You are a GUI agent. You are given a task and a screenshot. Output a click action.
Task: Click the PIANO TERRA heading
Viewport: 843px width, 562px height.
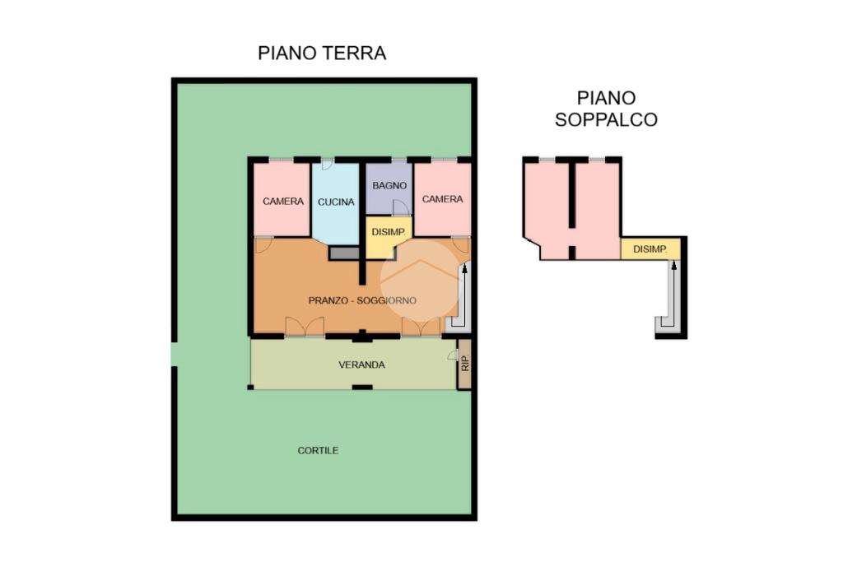pyautogui.click(x=322, y=53)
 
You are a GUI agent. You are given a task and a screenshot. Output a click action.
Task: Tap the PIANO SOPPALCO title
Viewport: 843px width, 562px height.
pyautogui.click(x=606, y=109)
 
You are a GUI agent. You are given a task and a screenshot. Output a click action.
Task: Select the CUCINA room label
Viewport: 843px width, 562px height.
pyautogui.click(x=336, y=202)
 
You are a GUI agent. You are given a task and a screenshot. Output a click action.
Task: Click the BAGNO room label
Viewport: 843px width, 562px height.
pyautogui.click(x=389, y=185)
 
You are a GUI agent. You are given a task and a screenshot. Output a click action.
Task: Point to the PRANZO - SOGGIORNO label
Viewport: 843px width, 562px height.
pyautogui.click(x=362, y=300)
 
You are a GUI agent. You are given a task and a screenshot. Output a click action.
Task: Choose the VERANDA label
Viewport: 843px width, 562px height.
pyautogui.click(x=362, y=365)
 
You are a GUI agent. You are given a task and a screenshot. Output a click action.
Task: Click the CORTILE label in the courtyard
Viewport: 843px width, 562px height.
pyautogui.click(x=319, y=450)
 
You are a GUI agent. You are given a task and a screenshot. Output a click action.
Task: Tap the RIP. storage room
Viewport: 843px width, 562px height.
pyautogui.click(x=464, y=364)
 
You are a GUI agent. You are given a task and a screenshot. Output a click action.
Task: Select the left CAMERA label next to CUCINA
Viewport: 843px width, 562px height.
pyautogui.click(x=283, y=201)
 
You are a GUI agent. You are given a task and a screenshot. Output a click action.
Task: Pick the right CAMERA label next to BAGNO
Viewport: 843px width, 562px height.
pyautogui.click(x=442, y=199)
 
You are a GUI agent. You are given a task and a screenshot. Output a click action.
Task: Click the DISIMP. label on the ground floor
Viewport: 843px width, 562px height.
pyautogui.click(x=389, y=232)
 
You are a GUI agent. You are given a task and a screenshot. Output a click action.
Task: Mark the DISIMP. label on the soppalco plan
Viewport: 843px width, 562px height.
pyautogui.click(x=650, y=249)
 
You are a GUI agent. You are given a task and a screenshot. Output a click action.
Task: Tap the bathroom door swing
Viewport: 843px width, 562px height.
pyautogui.click(x=400, y=207)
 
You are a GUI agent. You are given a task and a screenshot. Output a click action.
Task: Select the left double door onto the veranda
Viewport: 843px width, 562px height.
pyautogui.click(x=305, y=327)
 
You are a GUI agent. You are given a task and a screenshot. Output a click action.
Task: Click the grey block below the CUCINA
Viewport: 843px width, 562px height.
pyautogui.click(x=343, y=253)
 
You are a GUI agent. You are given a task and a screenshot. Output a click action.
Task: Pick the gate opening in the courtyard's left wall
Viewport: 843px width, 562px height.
pyautogui.click(x=175, y=355)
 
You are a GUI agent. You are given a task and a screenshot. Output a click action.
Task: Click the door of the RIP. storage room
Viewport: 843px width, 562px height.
pyautogui.click(x=452, y=355)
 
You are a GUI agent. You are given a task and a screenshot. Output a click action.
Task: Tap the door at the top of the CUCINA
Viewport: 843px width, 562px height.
pyautogui.click(x=328, y=165)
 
